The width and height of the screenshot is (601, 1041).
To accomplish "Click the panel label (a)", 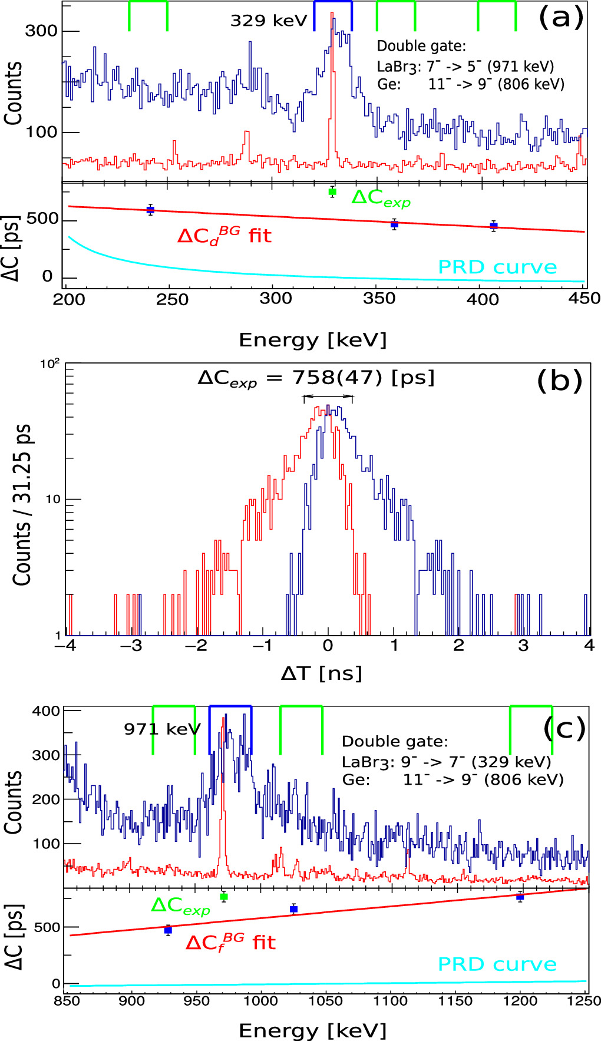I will pos(560,18).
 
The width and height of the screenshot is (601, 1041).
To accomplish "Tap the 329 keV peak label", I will pos(269,21).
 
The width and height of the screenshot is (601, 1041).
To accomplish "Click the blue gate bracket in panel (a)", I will pos(333,2).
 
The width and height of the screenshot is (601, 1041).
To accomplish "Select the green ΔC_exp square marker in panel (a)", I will pos(332,192).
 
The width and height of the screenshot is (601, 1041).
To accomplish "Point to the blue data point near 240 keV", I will pos(150,210).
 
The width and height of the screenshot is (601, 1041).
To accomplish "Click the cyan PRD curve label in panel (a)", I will pos(497,267).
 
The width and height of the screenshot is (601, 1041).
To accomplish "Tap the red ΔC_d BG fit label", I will pos(224,236).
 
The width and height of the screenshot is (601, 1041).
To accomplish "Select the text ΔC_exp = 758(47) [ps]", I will pos(316,378).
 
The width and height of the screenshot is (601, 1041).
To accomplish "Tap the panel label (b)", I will pos(559,381).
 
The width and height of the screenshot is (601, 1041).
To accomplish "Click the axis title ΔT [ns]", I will pos(321,673).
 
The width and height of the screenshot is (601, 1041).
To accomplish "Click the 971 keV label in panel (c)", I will pos(162,729).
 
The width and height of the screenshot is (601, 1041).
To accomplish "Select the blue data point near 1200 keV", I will pos(520,897).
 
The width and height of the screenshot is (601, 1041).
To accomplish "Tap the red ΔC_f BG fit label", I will pos(230,943).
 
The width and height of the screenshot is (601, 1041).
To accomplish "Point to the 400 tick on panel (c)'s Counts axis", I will pos(46,711).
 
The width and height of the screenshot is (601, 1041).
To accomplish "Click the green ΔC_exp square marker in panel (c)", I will pos(223,897).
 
